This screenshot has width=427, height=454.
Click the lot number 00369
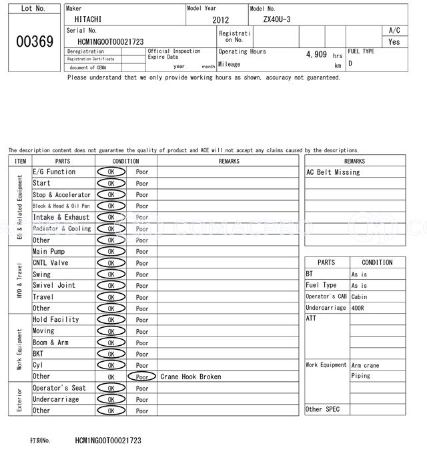click(x=34, y=41)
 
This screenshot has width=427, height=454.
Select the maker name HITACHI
click(x=88, y=19)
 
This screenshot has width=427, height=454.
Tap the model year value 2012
click(x=220, y=20)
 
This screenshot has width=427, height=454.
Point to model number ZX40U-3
click(x=277, y=19)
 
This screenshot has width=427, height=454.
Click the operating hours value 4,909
click(x=316, y=54)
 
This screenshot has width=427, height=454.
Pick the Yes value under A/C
click(x=394, y=41)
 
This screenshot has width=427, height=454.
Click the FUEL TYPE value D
click(x=350, y=63)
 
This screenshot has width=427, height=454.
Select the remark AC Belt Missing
click(x=333, y=172)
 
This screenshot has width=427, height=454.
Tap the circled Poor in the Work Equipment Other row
click(x=142, y=377)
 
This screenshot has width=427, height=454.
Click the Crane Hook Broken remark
click(x=191, y=377)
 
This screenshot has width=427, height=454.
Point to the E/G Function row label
click(x=54, y=172)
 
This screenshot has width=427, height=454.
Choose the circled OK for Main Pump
click(x=111, y=252)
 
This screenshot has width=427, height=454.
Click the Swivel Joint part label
click(x=54, y=285)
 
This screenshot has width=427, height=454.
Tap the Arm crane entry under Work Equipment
click(x=365, y=365)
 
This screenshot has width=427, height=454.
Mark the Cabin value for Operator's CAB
click(x=360, y=296)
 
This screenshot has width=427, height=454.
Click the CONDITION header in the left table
click(x=125, y=161)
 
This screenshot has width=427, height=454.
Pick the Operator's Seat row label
click(x=59, y=388)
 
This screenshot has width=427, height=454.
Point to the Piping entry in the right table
click(x=360, y=376)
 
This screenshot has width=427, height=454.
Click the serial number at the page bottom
click(x=108, y=441)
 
